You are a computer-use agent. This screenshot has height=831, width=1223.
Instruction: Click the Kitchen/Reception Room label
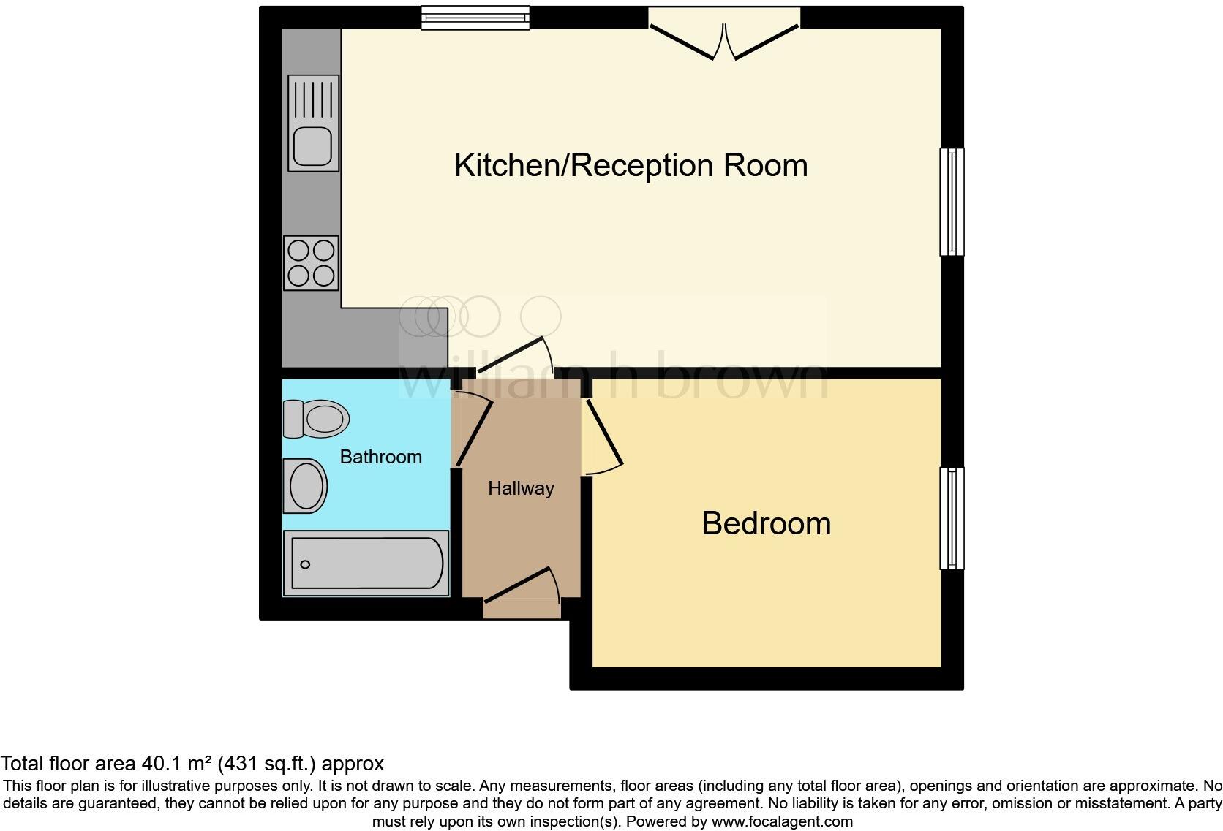point(631,165)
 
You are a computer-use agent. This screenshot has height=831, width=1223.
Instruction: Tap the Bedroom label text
point(766,523)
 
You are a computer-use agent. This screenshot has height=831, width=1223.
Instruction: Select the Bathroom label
point(380,457)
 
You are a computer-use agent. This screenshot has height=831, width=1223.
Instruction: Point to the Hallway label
point(521,488)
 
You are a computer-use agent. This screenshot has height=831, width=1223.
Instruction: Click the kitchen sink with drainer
point(313,123)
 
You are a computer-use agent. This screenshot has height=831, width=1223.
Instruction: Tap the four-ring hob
point(312,263)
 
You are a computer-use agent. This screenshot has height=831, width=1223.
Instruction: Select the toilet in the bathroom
point(315,419)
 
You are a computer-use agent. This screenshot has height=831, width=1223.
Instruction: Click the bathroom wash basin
point(305,486)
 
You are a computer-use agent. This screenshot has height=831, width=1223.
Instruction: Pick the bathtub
point(366,563)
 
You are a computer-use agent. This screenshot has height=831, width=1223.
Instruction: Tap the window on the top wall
point(475,18)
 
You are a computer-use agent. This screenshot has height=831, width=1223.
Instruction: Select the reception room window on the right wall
point(951,202)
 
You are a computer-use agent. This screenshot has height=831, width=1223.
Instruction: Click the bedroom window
point(951,518)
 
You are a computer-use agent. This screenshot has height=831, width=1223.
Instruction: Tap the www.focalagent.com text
point(782,821)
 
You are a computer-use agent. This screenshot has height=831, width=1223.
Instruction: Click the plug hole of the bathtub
point(305,564)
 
